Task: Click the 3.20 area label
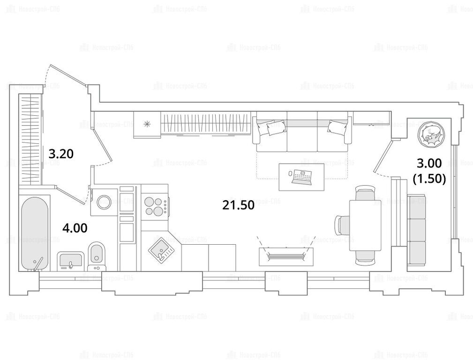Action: pyautogui.click(x=61, y=154)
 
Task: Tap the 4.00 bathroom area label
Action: pyautogui.click(x=75, y=228)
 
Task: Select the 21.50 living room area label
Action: pyautogui.click(x=238, y=205)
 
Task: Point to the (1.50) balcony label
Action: pyautogui.click(x=429, y=179)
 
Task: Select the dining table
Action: pyautogui.click(x=365, y=225)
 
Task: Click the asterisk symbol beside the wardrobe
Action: pyautogui.click(x=147, y=123)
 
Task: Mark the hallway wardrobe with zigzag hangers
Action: pyautogui.click(x=30, y=138)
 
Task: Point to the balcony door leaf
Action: pyautogui.click(x=383, y=155)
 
